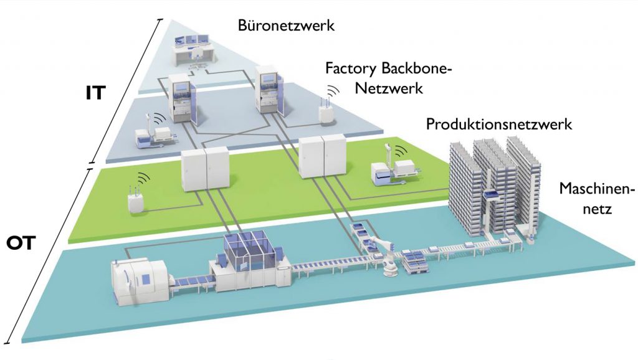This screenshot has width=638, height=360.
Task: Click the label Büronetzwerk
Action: coord(287,26)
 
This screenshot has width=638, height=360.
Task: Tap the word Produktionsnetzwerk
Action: coord(499,124)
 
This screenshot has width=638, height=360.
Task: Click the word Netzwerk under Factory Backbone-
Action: coord(389,88)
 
